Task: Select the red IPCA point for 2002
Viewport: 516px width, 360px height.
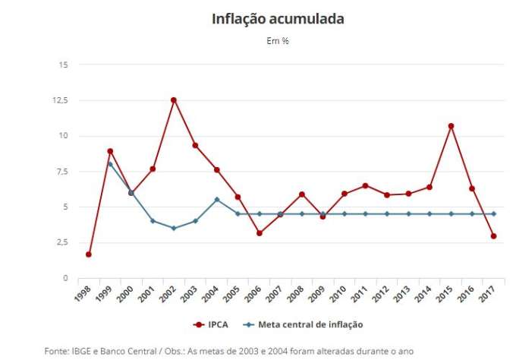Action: coord(174,99)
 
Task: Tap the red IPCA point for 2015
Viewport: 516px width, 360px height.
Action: coord(451,126)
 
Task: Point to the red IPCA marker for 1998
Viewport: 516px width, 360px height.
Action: coord(89,254)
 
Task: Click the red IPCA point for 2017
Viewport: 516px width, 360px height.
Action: coord(494,236)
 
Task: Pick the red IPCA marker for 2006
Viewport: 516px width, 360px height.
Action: coord(260,233)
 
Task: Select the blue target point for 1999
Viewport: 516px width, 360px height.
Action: coord(110,164)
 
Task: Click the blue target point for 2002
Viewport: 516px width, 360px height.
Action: coord(174,228)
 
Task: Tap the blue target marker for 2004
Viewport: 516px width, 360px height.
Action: coord(217,200)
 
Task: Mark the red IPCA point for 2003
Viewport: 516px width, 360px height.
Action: coord(195,145)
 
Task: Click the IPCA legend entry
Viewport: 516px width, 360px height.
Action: coord(212,324)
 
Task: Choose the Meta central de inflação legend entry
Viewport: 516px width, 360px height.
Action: coord(303,324)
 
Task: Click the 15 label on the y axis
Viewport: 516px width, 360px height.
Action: coord(63,65)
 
